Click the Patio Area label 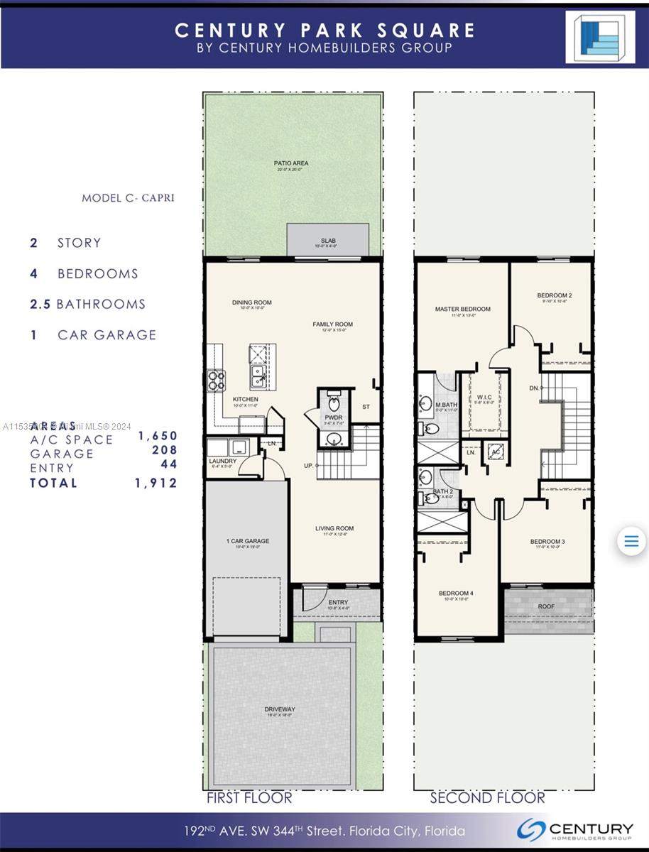coord(291,163)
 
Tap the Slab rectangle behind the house coord(328,240)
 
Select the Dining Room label coord(251,302)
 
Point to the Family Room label coord(332,324)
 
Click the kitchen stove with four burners coord(216,381)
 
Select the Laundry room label coord(222,460)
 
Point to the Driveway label coord(280,709)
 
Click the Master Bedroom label coord(462,309)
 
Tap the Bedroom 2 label coord(554,295)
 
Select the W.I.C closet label coord(485,397)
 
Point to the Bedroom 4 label coord(455,594)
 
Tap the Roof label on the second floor coord(546,606)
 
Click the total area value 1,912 coord(156,483)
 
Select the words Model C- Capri coord(128,197)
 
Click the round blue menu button coord(631,542)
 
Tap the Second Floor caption coord(487,798)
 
